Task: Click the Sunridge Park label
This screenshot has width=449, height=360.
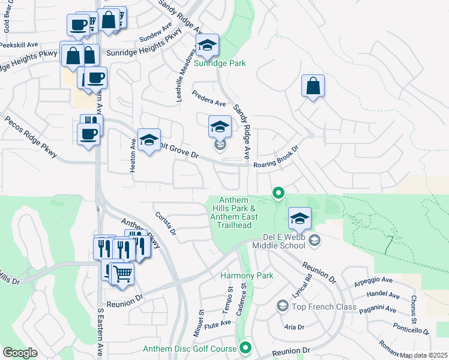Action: coord(220,62)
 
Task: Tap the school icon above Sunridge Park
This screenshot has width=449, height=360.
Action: coord(207,46)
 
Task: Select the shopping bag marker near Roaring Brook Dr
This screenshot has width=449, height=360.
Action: coord(313,86)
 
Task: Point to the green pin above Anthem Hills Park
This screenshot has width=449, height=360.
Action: coord(278,193)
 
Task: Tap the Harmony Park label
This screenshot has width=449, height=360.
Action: coord(247,275)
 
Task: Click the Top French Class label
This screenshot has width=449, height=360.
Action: coord(324,307)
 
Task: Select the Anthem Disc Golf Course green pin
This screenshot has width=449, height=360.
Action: coord(246,347)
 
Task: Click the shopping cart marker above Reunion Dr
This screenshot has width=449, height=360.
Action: coord(122,274)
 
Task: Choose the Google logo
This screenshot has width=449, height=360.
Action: coord(20,353)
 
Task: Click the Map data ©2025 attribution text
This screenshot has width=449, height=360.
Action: coord(424,355)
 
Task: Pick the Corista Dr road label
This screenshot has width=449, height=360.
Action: coord(165,223)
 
